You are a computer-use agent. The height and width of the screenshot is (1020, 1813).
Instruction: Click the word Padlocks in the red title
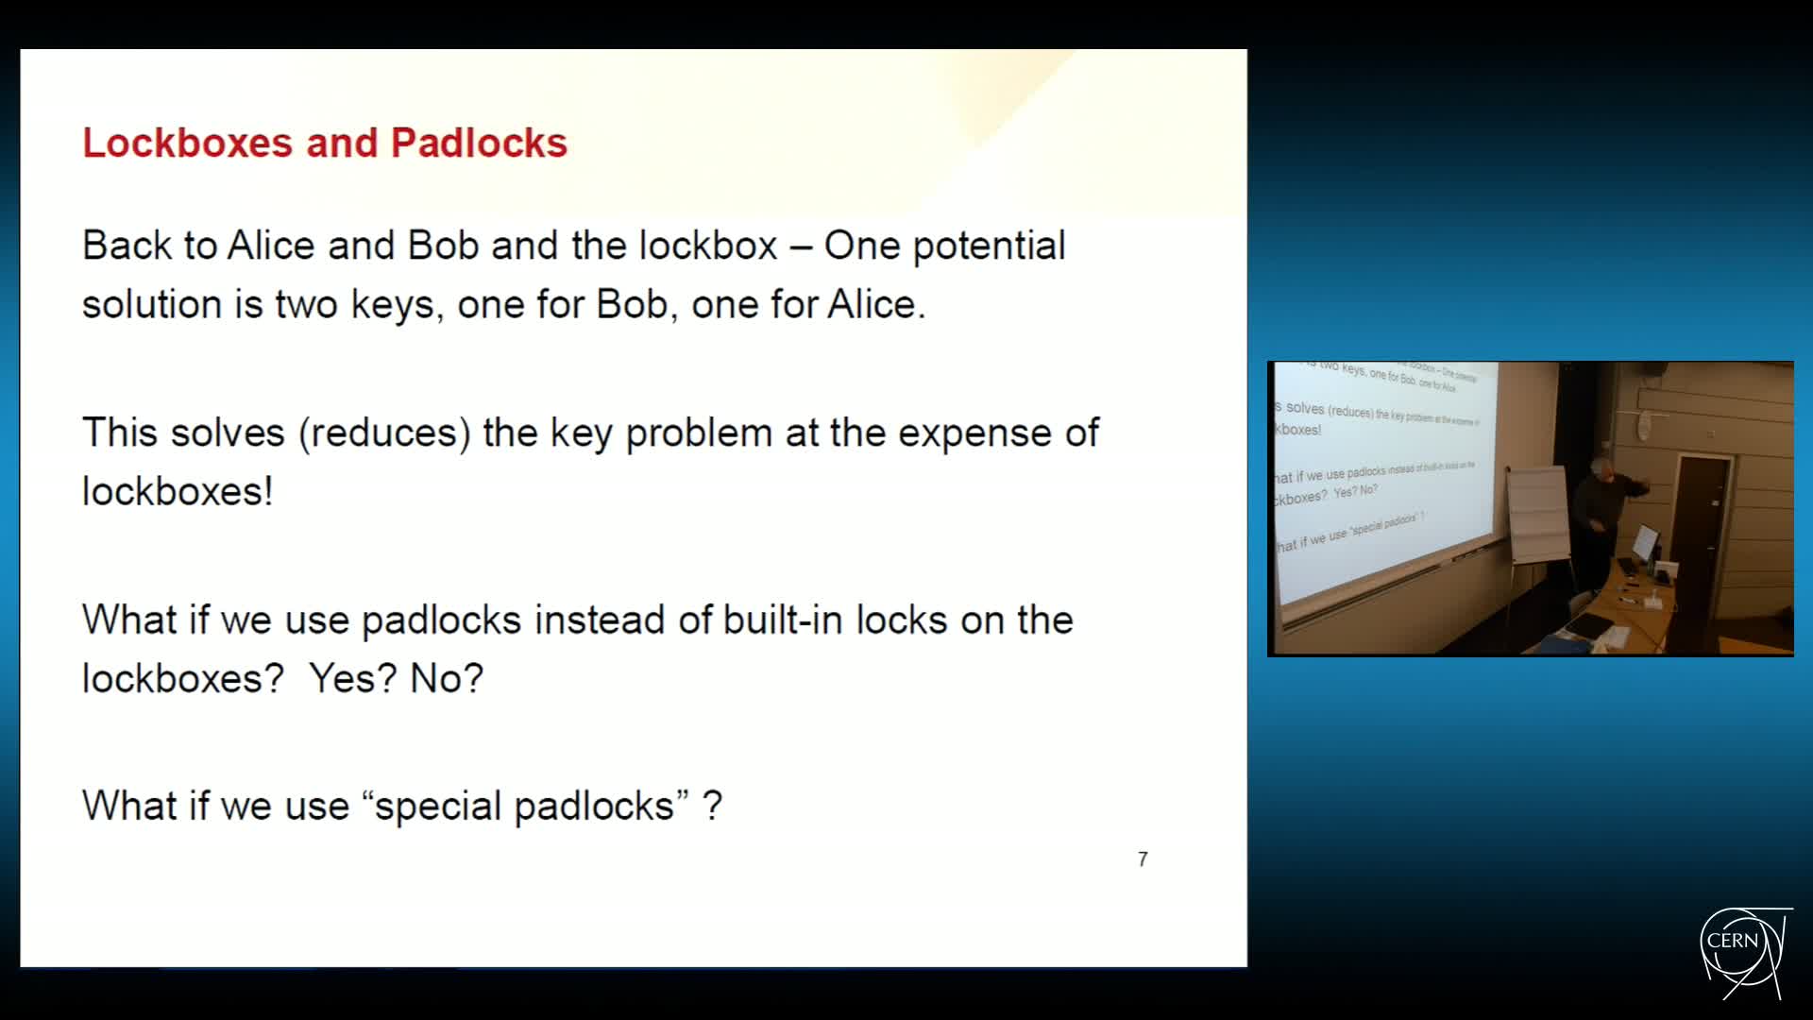pos(479,144)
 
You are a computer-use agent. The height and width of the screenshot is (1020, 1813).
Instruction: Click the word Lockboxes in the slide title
pos(187,144)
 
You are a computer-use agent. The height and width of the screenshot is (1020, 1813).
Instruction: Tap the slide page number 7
pos(1143,859)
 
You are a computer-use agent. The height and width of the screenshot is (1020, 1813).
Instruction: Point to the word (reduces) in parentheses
pos(384,433)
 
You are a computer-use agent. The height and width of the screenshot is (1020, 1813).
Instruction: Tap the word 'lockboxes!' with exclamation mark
pos(178,492)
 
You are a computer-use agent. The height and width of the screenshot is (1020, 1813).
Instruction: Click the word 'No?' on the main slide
pos(447,679)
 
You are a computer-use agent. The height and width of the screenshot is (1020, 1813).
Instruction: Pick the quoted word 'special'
pos(437,807)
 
